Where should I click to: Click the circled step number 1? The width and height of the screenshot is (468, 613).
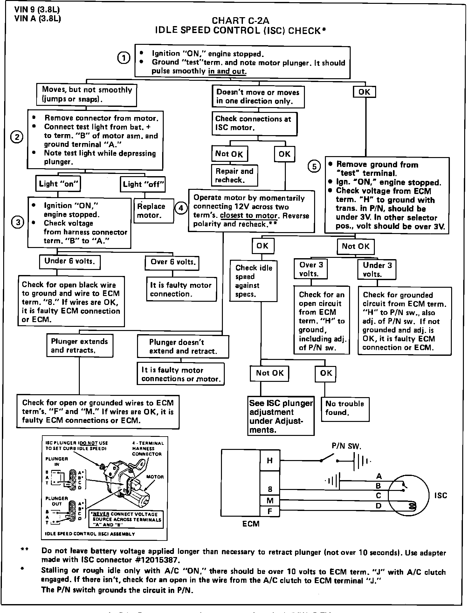(x=124, y=58)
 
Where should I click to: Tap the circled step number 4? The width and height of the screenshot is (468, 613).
(x=181, y=208)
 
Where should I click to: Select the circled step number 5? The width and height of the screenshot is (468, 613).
(x=314, y=167)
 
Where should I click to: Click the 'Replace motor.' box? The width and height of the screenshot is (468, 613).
(x=154, y=211)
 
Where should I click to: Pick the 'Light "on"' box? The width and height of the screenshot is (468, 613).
(x=58, y=184)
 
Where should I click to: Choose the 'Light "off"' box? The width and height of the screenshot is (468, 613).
(x=143, y=184)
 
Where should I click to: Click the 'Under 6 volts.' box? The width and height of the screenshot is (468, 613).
(x=70, y=261)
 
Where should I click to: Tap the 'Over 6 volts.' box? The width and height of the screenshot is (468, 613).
(x=172, y=262)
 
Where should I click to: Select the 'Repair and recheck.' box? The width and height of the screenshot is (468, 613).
(x=234, y=176)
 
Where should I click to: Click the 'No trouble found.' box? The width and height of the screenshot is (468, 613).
(x=345, y=409)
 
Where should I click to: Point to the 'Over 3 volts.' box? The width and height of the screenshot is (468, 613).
(x=311, y=269)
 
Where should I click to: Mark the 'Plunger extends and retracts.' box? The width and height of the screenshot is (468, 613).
(x=79, y=346)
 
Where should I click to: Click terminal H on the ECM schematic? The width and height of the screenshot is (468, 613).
(x=270, y=460)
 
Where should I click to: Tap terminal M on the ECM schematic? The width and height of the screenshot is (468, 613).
(x=270, y=501)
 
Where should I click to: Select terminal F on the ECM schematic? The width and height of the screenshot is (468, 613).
(x=270, y=511)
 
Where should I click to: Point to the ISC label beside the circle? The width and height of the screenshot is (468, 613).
(x=440, y=495)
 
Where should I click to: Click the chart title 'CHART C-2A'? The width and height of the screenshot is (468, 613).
(x=240, y=21)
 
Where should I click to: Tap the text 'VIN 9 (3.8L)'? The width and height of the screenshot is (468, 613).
(x=37, y=10)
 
